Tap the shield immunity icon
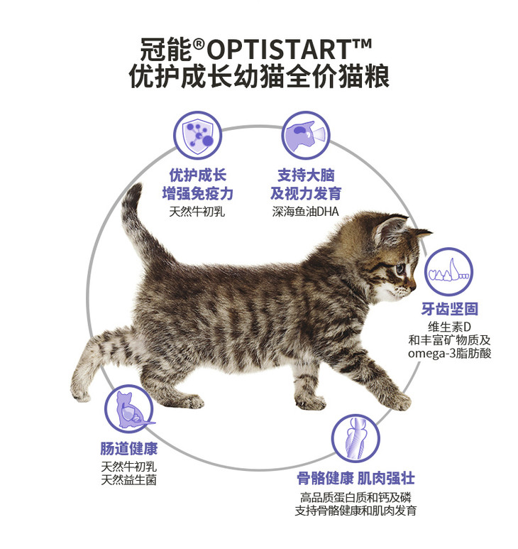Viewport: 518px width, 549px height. [x=197, y=136]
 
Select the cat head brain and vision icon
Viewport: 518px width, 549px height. [x=306, y=136]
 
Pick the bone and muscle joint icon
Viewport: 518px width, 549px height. [x=356, y=438]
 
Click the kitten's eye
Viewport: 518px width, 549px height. [x=400, y=268]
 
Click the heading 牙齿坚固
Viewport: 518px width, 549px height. [x=449, y=309]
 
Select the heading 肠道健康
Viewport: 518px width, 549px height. [x=129, y=449]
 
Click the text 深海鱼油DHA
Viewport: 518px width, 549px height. [x=306, y=212]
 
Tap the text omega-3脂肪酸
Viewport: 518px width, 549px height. [x=450, y=353]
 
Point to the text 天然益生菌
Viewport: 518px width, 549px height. [x=128, y=479]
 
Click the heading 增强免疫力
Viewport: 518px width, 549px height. [x=197, y=193]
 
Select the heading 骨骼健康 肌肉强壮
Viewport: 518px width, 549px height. [x=356, y=478]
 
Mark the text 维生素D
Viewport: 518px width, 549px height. [x=449, y=327]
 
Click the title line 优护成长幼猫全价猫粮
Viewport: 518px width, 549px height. [x=259, y=76]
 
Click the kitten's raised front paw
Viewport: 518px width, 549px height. [x=395, y=400]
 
